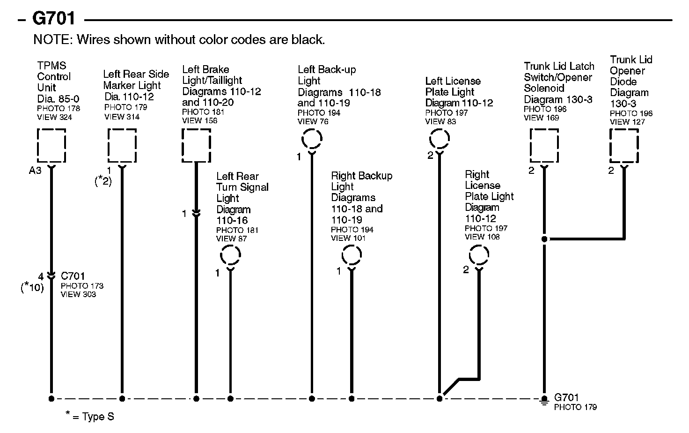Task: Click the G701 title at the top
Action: (53, 19)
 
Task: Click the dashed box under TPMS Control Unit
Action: (51, 145)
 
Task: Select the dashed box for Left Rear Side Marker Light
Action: (122, 145)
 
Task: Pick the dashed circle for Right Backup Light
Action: (352, 256)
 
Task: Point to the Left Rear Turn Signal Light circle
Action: (230, 256)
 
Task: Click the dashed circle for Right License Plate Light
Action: (478, 256)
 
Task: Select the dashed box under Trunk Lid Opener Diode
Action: (624, 145)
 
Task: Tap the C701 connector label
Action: (73, 276)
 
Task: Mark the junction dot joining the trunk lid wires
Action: (544, 239)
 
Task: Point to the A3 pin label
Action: (35, 171)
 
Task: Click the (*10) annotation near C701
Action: (32, 287)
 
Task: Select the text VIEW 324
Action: (54, 117)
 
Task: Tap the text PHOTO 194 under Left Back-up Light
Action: (319, 113)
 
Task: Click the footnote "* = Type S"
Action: (89, 416)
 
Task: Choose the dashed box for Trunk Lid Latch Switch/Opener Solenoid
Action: (544, 145)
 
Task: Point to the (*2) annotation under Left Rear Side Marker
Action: (103, 181)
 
